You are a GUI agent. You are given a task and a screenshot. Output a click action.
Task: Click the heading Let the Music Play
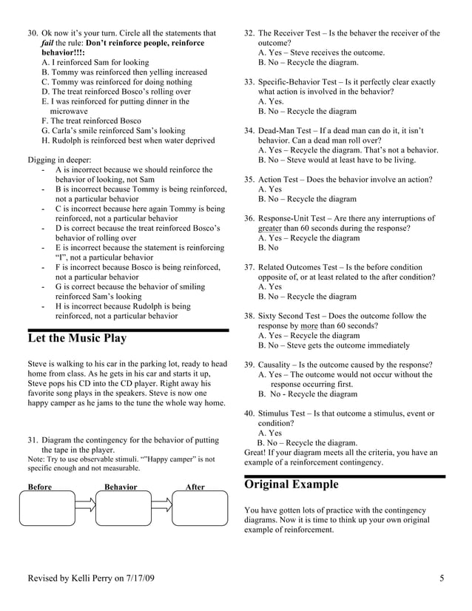(77, 339)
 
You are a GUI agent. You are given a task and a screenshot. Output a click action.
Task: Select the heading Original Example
(291, 485)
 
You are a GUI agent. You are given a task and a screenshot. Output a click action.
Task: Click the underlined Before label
(40, 487)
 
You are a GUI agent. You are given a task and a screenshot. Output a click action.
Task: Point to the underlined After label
(195, 487)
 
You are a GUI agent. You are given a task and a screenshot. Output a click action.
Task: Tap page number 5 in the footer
(441, 578)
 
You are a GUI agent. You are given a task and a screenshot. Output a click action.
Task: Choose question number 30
(33, 33)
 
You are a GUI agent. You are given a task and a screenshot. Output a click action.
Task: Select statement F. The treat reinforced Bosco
(91, 121)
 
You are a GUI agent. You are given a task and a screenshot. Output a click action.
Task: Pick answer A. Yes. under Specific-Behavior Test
(271, 101)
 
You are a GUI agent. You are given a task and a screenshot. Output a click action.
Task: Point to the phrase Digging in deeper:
(59, 159)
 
